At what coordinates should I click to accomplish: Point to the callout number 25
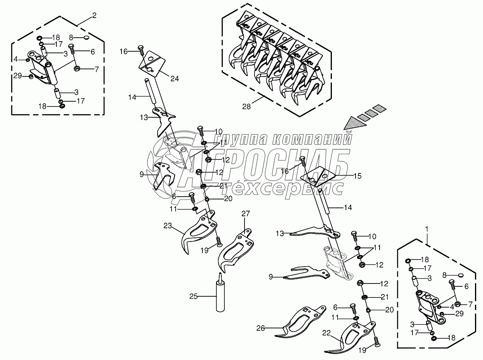[x=194, y=296]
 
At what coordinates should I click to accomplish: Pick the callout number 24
[x=174, y=78]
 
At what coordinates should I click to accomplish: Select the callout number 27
[x=245, y=214]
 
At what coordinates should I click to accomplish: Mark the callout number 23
[x=168, y=226]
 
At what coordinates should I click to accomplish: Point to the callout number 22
[x=327, y=332]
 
